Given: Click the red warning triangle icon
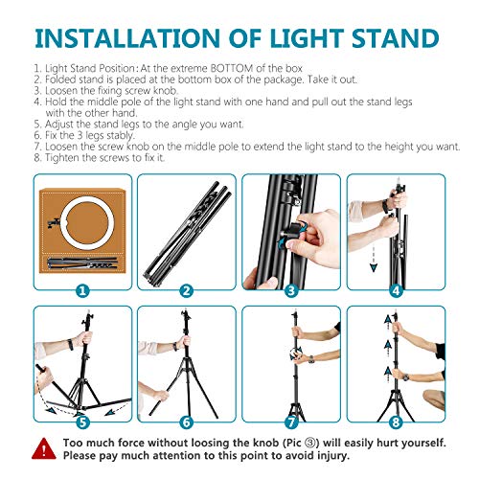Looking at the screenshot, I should pos(44,449).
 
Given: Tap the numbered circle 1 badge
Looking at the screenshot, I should pos(82,288).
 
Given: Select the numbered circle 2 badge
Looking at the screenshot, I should pos(186,288).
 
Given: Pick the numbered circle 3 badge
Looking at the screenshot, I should pos(290,288).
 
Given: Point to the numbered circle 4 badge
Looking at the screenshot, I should pos(394,288).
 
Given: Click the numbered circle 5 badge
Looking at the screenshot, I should pos(82,421).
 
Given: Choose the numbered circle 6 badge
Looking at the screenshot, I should pos(186,421).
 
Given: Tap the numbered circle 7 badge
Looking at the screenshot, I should pos(290,421).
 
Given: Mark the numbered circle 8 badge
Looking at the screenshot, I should pos(394,421).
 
